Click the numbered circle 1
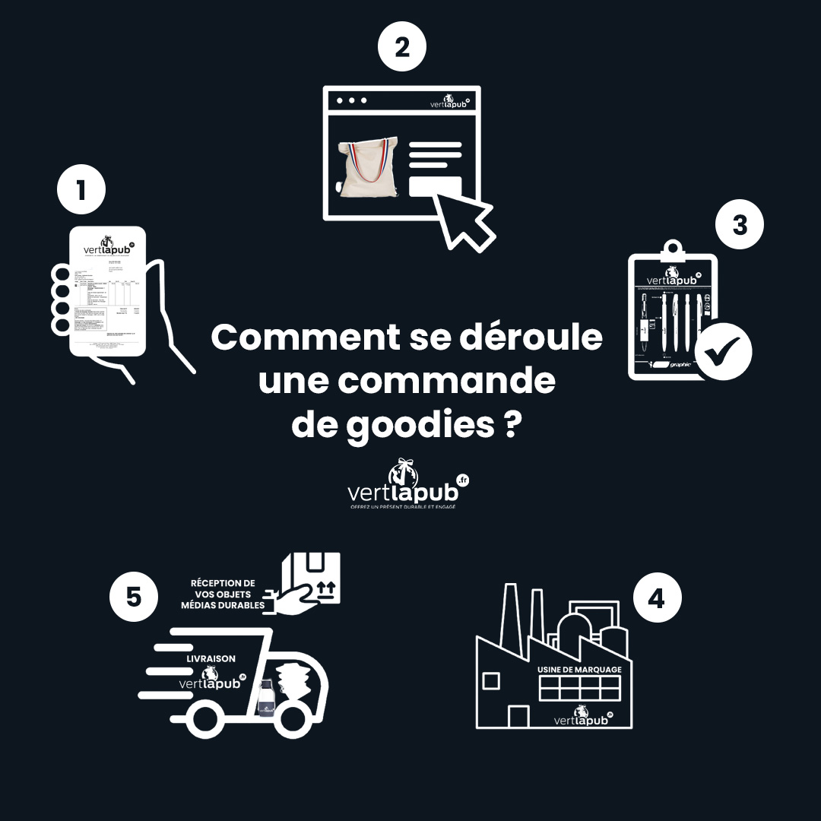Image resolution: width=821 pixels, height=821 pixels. (81, 191)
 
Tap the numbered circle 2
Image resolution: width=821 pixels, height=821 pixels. (402, 47)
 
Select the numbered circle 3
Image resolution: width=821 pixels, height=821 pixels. (739, 226)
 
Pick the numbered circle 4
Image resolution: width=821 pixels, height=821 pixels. (657, 598)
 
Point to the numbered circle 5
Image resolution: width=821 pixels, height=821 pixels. (134, 597)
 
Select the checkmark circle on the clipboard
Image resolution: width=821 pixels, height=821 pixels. (723, 350)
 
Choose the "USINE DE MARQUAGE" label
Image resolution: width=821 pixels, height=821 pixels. (579, 669)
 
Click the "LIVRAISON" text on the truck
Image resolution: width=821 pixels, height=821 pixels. (211, 658)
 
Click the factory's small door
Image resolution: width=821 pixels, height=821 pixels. (518, 717)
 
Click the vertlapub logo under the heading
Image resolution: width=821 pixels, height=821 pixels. (407, 484)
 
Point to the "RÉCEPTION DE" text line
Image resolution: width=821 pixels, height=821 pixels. (223, 583)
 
